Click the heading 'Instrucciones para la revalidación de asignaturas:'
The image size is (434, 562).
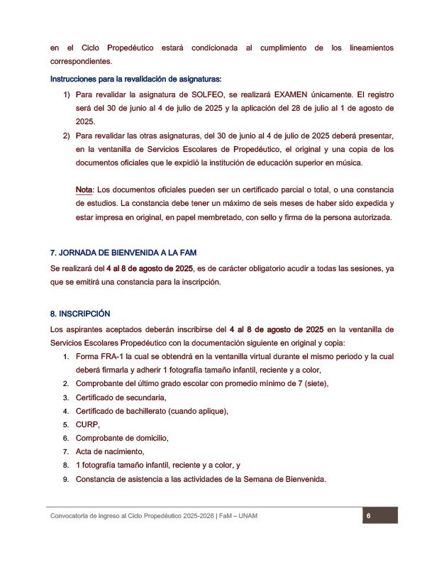[136, 78]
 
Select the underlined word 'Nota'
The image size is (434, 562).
[84, 190]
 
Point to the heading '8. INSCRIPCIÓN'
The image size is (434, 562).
[80, 314]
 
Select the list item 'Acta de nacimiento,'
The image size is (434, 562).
[110, 451]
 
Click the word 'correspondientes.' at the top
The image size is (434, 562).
[81, 61]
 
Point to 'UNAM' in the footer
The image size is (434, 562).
[245, 516]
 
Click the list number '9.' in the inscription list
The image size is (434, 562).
[66, 479]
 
